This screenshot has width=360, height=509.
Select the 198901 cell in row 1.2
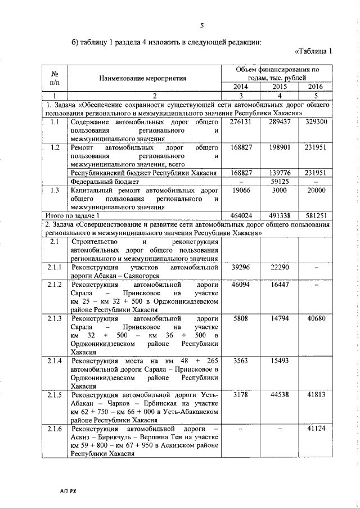click(278, 147)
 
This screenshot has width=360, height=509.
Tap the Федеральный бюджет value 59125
click(278, 182)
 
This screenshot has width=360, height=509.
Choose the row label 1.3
click(55, 191)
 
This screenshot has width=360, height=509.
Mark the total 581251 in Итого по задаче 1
click(315, 215)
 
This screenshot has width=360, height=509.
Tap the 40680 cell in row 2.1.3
click(315, 319)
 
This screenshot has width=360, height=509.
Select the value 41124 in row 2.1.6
click(315, 429)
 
